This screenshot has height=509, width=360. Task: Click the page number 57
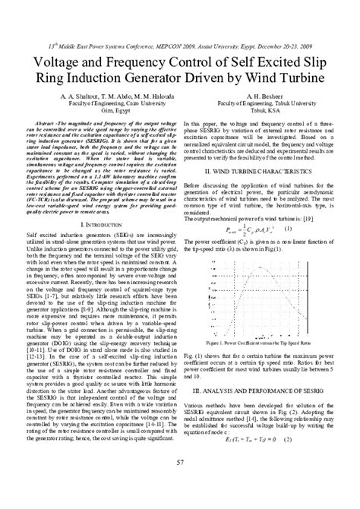pos(179,485)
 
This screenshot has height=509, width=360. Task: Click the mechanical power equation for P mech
pos(244,207)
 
